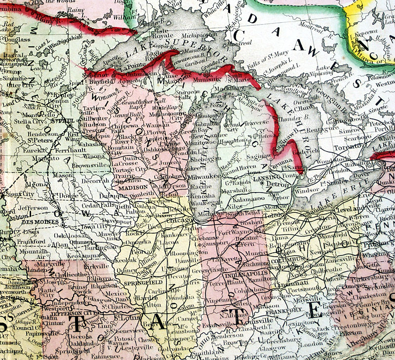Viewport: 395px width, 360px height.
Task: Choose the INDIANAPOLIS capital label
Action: [x=245, y=273]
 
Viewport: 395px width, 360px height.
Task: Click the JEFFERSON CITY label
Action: [x=79, y=312]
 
